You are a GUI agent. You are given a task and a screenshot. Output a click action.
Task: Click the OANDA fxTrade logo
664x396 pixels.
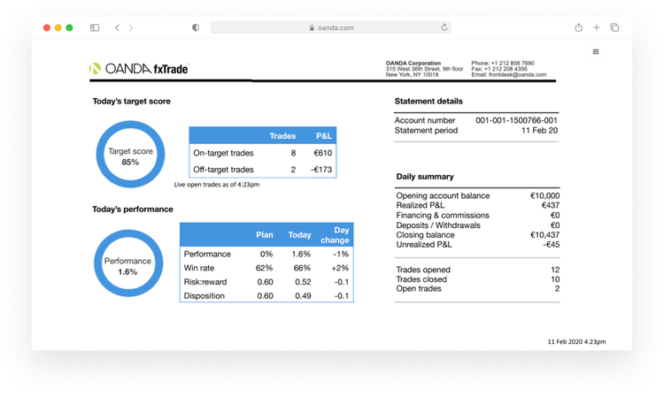pyautogui.click(x=139, y=68)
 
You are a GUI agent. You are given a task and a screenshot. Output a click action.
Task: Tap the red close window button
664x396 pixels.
pyautogui.click(x=45, y=28)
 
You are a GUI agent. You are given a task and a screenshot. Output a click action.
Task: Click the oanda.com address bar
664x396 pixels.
pyautogui.click(x=331, y=28)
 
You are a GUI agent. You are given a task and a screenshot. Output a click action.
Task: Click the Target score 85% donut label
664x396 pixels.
pyautogui.click(x=130, y=156)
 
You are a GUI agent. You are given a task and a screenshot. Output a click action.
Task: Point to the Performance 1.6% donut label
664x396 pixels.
pyautogui.click(x=127, y=267)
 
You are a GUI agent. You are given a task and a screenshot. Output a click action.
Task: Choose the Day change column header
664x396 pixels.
pyautogui.click(x=335, y=234)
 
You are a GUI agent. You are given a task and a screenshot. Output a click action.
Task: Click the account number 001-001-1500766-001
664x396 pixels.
pyautogui.click(x=516, y=120)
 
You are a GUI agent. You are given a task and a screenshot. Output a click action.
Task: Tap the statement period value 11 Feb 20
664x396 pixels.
pyautogui.click(x=539, y=131)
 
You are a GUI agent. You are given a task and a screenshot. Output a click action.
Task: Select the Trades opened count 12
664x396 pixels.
pyautogui.click(x=554, y=270)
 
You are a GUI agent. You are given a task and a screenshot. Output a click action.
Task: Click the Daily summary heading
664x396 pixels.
pyautogui.click(x=425, y=177)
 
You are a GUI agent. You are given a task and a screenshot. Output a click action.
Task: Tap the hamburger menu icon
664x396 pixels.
pyautogui.click(x=596, y=52)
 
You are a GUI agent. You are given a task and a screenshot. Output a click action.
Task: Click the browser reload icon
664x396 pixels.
pyautogui.click(x=444, y=28)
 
